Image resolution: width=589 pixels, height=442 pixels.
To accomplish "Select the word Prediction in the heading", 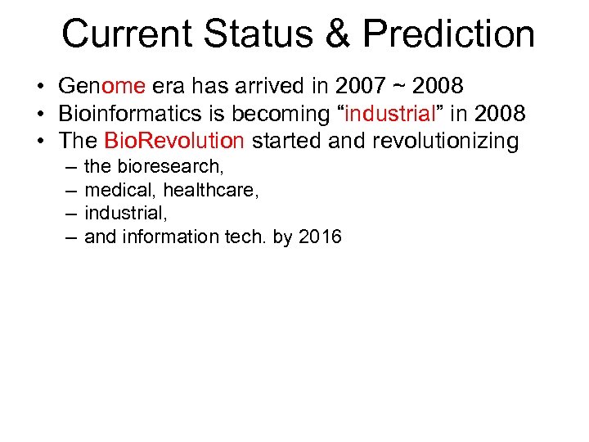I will (448, 34).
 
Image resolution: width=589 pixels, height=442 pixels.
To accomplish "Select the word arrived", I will (273, 86).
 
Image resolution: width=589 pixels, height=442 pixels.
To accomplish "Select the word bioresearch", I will (171, 166).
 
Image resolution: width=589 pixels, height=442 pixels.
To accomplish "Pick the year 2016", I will (320, 237).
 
